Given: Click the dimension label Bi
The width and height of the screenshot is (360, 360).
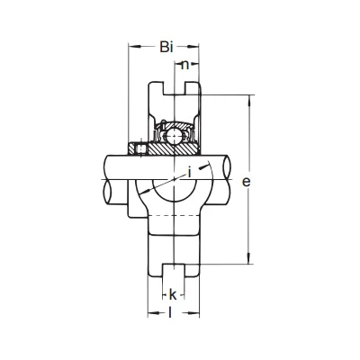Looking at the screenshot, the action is point(166,47).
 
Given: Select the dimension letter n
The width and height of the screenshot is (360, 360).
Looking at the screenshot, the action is point(185,65).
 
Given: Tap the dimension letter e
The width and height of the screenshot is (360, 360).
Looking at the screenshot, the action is point(246,182).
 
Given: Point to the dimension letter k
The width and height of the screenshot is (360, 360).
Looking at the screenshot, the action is point(173,295).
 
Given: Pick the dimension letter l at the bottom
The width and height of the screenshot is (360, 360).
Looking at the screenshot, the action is point(170,312).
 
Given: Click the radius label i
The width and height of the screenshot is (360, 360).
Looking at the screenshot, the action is point(189,173).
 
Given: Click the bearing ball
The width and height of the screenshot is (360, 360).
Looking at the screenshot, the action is point(174,136).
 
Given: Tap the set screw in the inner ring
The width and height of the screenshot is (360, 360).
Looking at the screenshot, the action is point(140,148).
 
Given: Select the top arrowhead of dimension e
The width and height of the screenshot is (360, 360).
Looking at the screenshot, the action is point(248,101).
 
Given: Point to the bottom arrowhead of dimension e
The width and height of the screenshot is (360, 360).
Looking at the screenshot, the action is point(248,258).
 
